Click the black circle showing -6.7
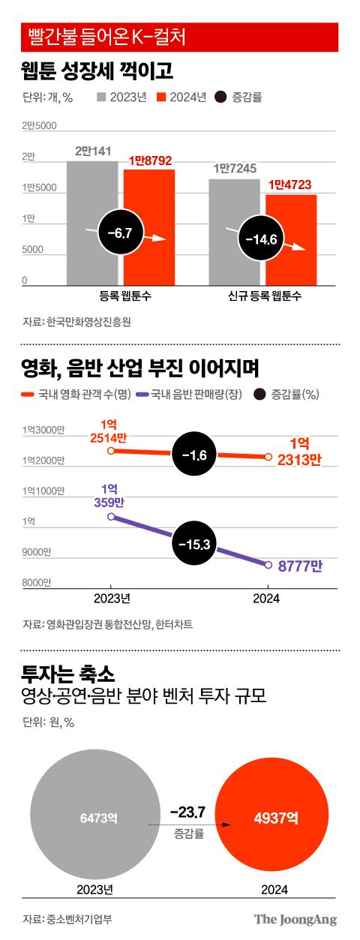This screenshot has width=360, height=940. [x=119, y=234]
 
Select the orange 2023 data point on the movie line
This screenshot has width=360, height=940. [x=110, y=451]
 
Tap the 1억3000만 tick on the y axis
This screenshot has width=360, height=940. [x=43, y=429]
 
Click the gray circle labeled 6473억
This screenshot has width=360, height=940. [x=94, y=817]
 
